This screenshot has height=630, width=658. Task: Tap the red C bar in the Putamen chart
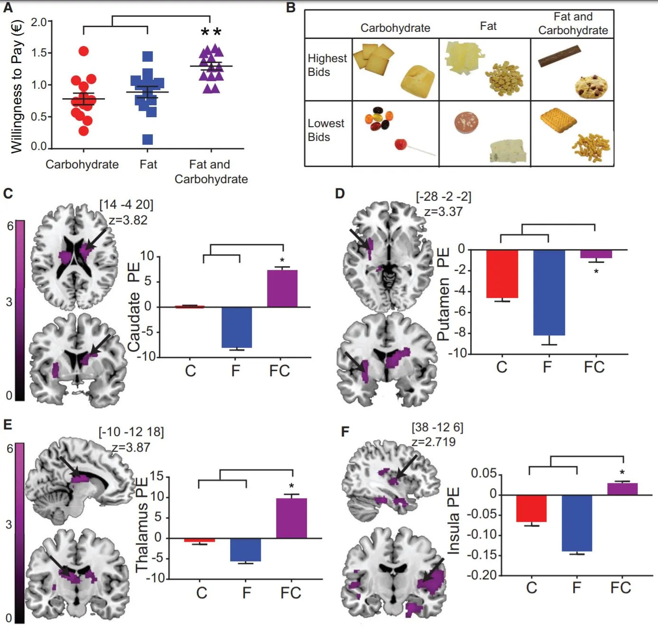coord(502,274)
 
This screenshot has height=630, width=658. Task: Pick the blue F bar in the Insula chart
coord(576,523)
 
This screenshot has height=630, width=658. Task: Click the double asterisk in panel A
coord(211,33)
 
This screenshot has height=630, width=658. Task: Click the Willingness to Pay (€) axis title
coord(17,86)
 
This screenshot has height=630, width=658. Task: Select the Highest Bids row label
coord(327,65)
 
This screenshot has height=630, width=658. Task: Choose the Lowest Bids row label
coord(325,130)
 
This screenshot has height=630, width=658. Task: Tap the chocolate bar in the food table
coord(559,56)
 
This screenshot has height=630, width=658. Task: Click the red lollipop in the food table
coord(401,144)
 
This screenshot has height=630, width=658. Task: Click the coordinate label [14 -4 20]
coord(126,204)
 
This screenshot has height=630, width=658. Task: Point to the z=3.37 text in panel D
coord(443,212)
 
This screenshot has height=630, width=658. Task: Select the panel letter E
coord(8,424)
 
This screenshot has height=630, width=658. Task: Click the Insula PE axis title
coord(454,520)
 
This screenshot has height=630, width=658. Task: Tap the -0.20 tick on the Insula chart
coord(482,575)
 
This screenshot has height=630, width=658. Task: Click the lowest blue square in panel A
coord(148,139)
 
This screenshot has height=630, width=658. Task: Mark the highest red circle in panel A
coord(83,51)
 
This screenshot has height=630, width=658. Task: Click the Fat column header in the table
coord(488,26)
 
